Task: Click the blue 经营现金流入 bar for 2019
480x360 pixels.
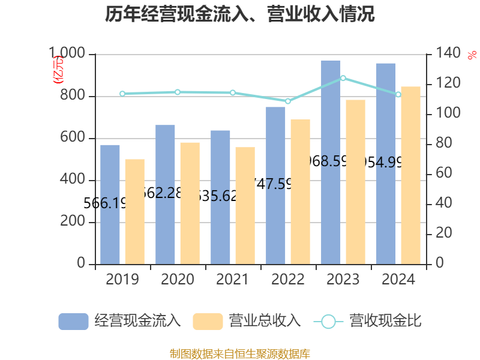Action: click(110, 204)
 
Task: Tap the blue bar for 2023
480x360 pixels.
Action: click(331, 162)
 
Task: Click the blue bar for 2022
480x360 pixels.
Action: click(275, 185)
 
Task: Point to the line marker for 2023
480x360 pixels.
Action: click(343, 78)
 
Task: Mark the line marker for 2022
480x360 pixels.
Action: click(288, 101)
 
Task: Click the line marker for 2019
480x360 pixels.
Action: click(122, 94)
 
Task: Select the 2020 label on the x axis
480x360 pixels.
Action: click(178, 280)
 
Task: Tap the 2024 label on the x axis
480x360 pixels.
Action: click(398, 280)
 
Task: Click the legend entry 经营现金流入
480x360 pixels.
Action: click(119, 321)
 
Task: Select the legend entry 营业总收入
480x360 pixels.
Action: click(247, 321)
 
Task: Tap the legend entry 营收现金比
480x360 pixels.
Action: click(367, 321)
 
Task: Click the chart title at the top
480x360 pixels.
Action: click(240, 14)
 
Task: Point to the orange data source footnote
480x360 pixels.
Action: click(240, 353)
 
